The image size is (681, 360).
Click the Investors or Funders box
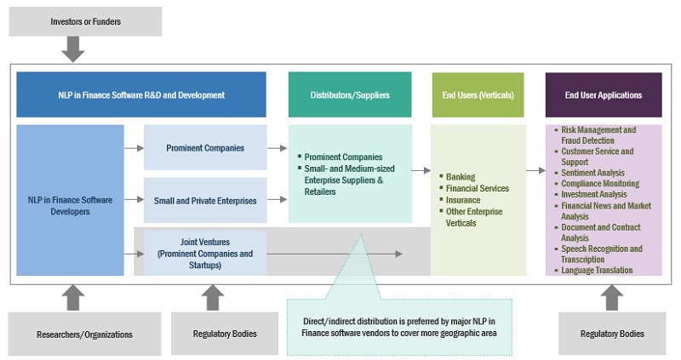click(85, 21)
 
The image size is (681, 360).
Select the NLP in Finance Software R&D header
click(141, 94)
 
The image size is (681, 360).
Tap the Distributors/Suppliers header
click(350, 94)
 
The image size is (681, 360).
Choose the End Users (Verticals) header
click(478, 94)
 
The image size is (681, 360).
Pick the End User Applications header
click(604, 94)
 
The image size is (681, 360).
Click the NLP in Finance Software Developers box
click(70, 200)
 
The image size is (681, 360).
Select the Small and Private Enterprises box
click(205, 201)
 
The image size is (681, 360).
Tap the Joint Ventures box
click(205, 253)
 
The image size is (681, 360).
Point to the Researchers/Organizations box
click(85, 334)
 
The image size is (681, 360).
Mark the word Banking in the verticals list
click(461, 177)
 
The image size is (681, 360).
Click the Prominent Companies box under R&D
click(205, 148)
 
